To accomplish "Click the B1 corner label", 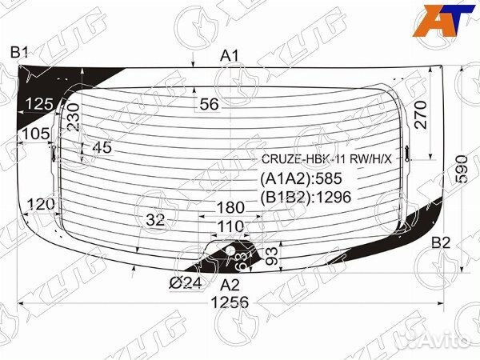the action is [19, 52].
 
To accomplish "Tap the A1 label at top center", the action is [230, 56].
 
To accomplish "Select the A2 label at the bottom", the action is [230, 285].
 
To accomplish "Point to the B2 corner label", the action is [441, 242].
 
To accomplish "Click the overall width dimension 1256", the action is [230, 302].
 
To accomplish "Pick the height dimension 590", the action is [462, 169].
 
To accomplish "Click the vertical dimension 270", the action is [421, 114].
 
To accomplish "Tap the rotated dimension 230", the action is [74, 118].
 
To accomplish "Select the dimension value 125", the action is [39, 104].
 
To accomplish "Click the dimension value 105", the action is [35, 134].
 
